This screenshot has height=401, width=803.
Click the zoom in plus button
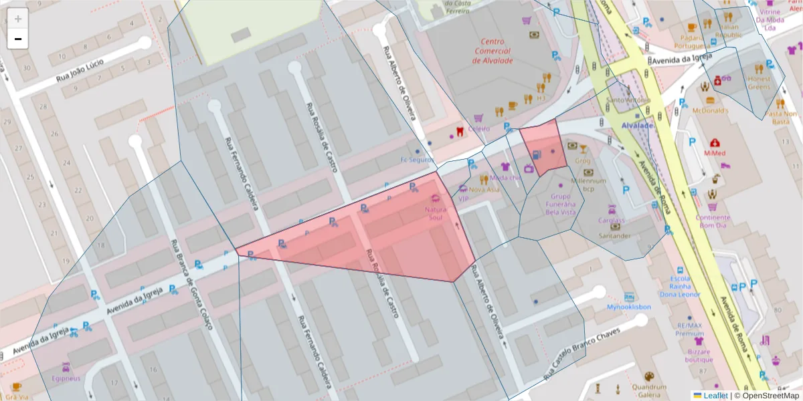tap(18, 18)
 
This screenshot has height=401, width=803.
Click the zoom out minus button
tap(18, 39)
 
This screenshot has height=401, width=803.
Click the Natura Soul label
tap(436, 213)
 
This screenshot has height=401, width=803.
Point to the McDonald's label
tap(710, 110)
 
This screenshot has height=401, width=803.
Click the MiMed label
tap(715, 153)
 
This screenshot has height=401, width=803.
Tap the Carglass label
tap(611, 221)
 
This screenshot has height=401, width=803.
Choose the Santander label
tap(614, 235)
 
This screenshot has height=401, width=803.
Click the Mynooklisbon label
tap(629, 307)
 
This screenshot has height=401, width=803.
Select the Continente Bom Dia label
tap(713, 221)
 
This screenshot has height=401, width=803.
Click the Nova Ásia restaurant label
tap(484, 189)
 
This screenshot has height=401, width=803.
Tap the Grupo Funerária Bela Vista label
tap(561, 204)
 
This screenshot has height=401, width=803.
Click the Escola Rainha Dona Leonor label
tap(681, 286)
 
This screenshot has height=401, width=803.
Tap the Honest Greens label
tap(759, 82)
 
